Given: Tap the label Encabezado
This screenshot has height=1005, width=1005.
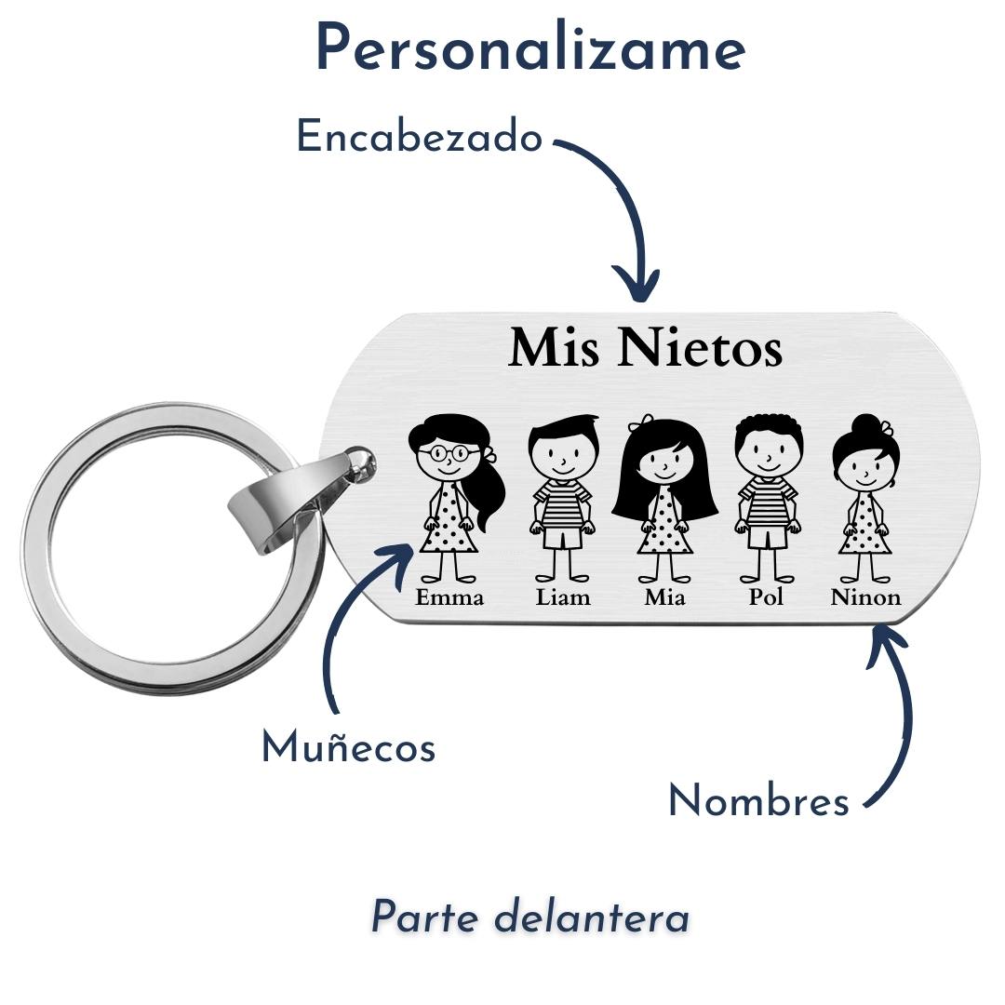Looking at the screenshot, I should click(419, 138).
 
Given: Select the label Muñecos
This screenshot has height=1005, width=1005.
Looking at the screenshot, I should click(348, 747).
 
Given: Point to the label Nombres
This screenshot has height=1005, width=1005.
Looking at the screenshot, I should click(758, 801).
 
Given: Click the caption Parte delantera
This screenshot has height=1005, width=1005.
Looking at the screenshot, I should click(530, 918).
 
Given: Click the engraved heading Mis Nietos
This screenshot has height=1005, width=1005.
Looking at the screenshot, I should click(645, 348).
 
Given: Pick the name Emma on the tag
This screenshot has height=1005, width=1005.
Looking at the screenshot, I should click(449, 597).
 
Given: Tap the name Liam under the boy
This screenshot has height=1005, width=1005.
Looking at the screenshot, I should click(563, 597).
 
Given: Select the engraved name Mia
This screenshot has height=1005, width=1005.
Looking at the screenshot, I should click(664, 597).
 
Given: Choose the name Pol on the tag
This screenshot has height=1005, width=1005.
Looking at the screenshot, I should click(766, 597).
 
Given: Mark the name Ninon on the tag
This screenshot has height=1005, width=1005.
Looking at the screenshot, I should click(865, 597).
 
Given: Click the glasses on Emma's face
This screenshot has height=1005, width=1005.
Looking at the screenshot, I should click(448, 453).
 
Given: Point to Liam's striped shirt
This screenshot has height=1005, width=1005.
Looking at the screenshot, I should click(562, 502).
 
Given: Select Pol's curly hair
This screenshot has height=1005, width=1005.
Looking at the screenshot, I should click(766, 430).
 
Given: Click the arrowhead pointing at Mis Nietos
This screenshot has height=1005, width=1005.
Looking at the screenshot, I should click(637, 284).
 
